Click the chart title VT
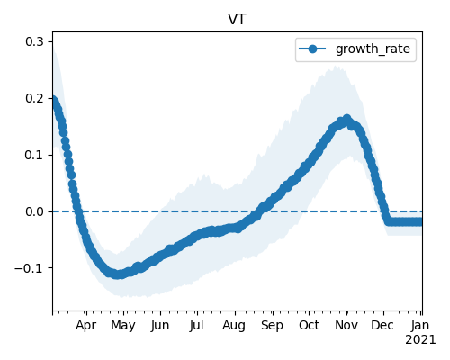(x=237, y=20)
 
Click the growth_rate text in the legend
(x=373, y=49)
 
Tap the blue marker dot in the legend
(x=312, y=49)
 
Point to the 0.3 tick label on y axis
(x=34, y=41)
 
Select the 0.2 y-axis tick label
(x=34, y=98)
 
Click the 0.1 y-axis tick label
(x=34, y=155)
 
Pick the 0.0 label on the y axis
(x=34, y=211)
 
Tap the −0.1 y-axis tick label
(x=29, y=268)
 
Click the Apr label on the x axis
(x=85, y=326)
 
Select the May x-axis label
(x=123, y=326)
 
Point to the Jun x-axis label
(x=160, y=326)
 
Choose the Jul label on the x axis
(x=196, y=326)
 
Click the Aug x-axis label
(x=234, y=326)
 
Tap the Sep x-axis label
(x=272, y=326)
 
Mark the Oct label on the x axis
(x=309, y=326)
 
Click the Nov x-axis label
(x=346, y=326)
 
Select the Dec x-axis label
(x=382, y=326)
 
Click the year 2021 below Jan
(x=420, y=340)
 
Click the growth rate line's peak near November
(x=347, y=119)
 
